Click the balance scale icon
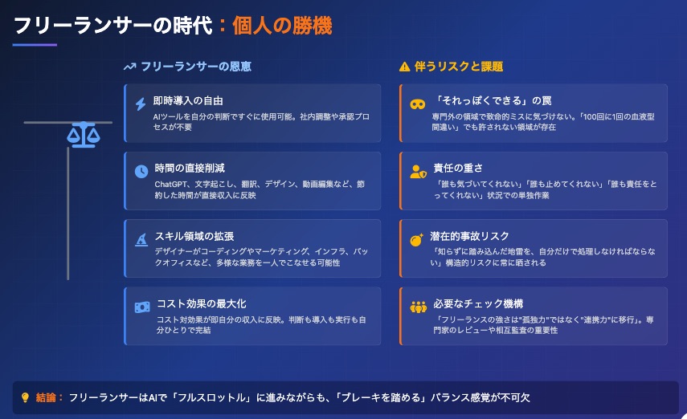[x=84, y=135]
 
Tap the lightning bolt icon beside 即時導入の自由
[x=140, y=104]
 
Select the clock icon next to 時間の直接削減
[x=141, y=171]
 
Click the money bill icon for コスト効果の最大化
[x=142, y=307]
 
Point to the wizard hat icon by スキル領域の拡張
[x=141, y=239]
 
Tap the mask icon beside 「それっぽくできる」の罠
[x=418, y=104]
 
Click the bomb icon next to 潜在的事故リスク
[x=416, y=239]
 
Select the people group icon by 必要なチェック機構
[x=419, y=307]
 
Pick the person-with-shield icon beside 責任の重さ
[x=418, y=172]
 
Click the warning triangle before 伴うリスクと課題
[x=404, y=67]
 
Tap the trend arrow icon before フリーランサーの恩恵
[x=129, y=67]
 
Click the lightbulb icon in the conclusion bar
[x=25, y=397]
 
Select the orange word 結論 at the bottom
[x=46, y=397]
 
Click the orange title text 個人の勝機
[x=282, y=26]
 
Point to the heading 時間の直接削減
[x=190, y=168]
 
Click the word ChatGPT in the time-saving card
[x=172, y=185]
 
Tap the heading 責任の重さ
[x=458, y=168]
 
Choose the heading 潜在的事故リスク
[x=469, y=236]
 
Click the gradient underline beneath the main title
[x=35, y=45]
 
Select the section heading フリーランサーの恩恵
[x=196, y=67]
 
